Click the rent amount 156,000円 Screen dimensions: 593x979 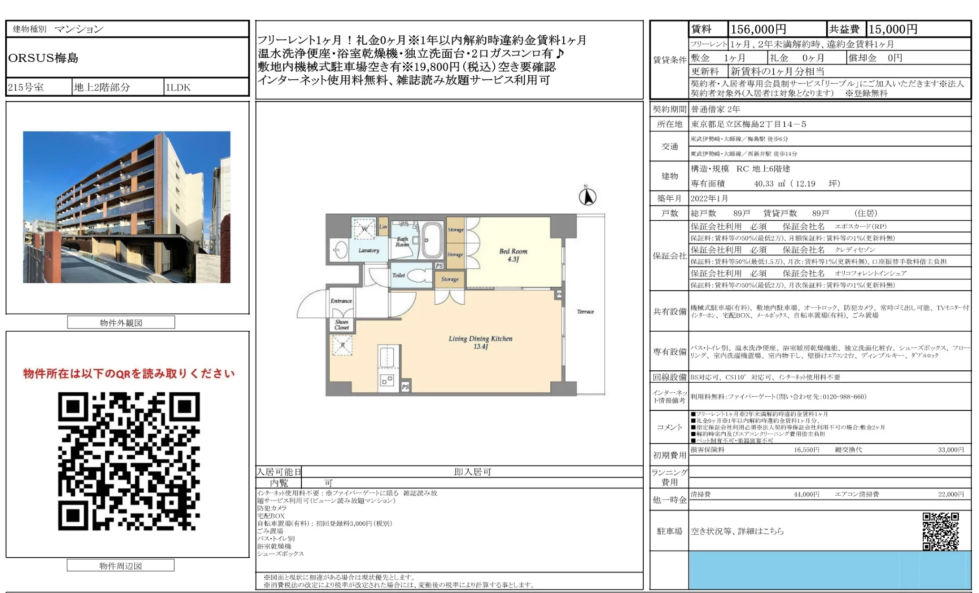[758, 30]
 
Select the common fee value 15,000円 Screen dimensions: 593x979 [893, 30]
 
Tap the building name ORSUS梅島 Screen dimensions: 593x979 [43, 58]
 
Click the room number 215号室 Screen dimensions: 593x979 [26, 87]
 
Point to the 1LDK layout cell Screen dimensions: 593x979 [178, 87]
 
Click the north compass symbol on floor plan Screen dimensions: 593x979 [587, 196]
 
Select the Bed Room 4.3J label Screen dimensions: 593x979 [513, 255]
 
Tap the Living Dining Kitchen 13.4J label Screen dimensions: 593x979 [480, 342]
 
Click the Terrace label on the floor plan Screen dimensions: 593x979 [585, 312]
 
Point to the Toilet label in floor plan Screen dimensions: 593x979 [399, 275]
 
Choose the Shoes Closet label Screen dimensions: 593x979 [341, 325]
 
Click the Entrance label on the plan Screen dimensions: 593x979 [341, 301]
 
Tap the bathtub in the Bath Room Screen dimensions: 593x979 [432, 240]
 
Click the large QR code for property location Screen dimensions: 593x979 [129, 461]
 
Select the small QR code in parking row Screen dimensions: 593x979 [940, 531]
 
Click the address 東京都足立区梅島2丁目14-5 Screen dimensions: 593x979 [749, 124]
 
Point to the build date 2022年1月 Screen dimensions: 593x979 [709, 198]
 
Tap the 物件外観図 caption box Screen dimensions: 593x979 [121, 323]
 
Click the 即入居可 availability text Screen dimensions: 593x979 [472, 472]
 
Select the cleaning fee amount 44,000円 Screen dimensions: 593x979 [806, 494]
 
